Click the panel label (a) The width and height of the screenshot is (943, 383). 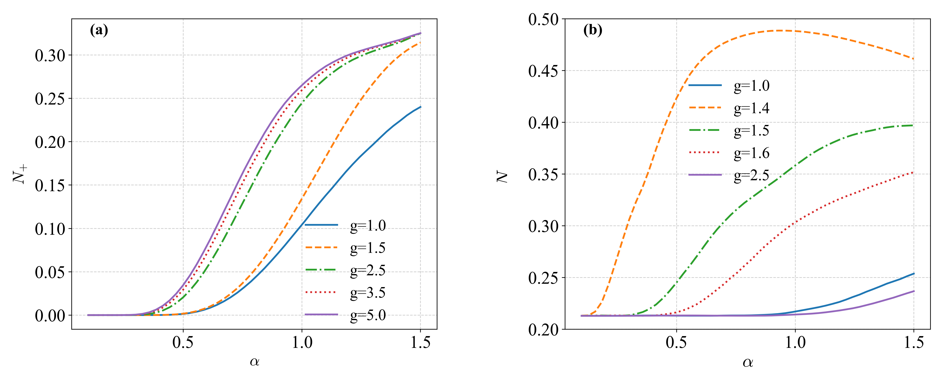pos(99,30)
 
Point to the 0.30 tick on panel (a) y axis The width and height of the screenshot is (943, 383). pos(50,56)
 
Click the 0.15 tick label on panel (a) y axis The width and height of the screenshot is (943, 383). pos(50,186)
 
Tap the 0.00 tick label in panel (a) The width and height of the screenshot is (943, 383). pos(50,315)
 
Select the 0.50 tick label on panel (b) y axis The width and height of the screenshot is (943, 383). pos(544,19)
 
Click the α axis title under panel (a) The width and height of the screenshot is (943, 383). pos(254,362)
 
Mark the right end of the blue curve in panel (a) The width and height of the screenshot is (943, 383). pos(421,107)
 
